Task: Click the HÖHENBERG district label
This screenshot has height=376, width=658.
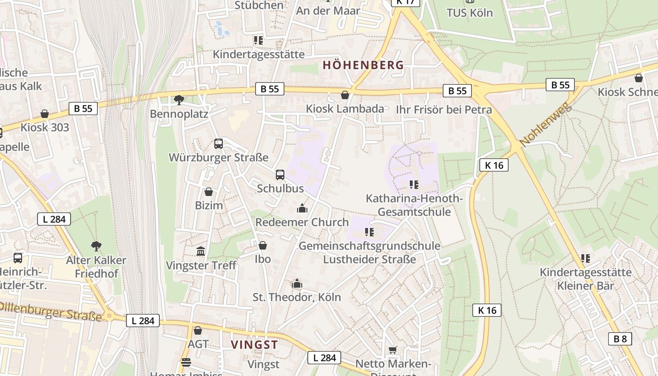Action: point(363,65)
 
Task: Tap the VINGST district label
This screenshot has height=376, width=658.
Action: point(254,345)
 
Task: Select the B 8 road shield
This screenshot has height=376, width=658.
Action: point(620,338)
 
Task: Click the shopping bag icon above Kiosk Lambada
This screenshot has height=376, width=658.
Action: point(345,95)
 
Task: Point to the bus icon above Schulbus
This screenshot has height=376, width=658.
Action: point(280,175)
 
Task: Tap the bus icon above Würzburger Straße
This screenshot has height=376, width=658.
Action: point(219,144)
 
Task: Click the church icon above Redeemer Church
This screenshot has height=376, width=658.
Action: point(302,208)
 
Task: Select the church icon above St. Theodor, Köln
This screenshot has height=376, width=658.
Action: point(297,283)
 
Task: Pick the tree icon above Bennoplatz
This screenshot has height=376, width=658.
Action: point(179,100)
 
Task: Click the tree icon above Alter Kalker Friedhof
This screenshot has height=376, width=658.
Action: point(96,246)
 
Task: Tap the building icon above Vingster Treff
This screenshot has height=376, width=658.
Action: point(201,251)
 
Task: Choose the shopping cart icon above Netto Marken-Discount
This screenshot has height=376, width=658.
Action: point(392,350)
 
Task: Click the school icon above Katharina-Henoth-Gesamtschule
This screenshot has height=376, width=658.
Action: point(414,184)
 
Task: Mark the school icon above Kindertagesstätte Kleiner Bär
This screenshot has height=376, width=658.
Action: point(585,258)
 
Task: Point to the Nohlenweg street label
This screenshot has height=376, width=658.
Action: point(546,124)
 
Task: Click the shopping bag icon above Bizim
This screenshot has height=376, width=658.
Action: point(209,192)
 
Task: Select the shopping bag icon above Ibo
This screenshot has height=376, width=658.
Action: point(263,245)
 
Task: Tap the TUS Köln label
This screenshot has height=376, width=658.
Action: point(470,13)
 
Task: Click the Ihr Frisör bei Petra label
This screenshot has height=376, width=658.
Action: point(444,110)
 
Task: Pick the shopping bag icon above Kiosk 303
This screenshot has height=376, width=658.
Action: point(45,114)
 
